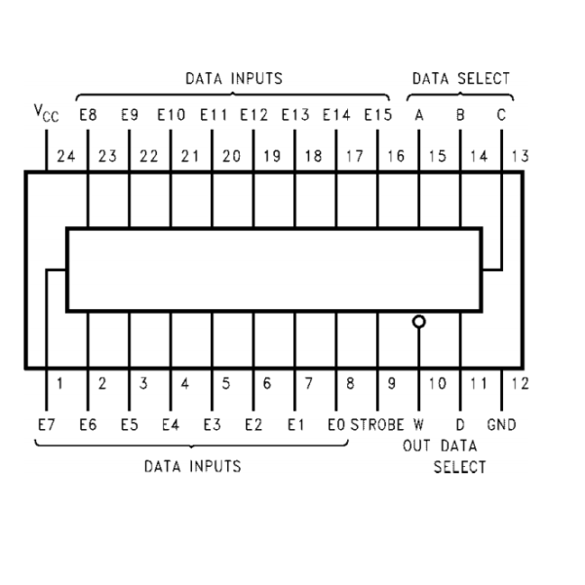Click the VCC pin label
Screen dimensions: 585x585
click(46, 116)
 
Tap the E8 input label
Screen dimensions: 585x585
click(88, 114)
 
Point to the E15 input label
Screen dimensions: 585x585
click(377, 114)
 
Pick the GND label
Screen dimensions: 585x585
click(503, 424)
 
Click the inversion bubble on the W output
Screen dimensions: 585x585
click(419, 322)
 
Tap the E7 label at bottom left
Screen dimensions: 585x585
click(46, 424)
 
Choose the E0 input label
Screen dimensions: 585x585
click(336, 424)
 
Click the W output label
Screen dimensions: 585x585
click(419, 424)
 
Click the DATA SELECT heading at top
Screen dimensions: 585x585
click(460, 78)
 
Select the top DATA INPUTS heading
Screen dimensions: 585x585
click(234, 78)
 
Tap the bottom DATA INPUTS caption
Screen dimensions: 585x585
click(192, 466)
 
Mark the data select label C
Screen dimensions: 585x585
click(501, 114)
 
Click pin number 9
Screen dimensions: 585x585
click(391, 384)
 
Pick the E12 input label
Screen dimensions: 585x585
click(253, 114)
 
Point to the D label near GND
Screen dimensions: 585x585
click(460, 424)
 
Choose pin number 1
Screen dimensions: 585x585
click(59, 384)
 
